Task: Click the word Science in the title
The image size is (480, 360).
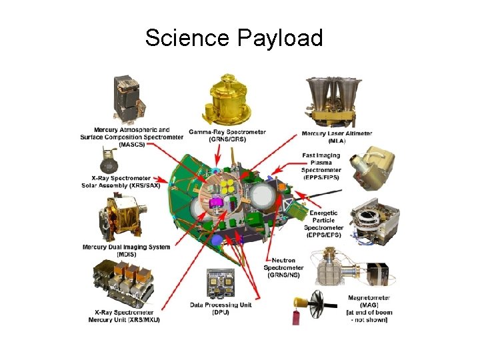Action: coord(186,38)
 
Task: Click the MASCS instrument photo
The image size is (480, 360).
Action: coord(131,99)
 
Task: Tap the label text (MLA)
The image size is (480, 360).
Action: coord(337,141)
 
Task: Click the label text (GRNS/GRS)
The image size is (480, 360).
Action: coord(227,139)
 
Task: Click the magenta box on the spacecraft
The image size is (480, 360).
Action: coord(215,201)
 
